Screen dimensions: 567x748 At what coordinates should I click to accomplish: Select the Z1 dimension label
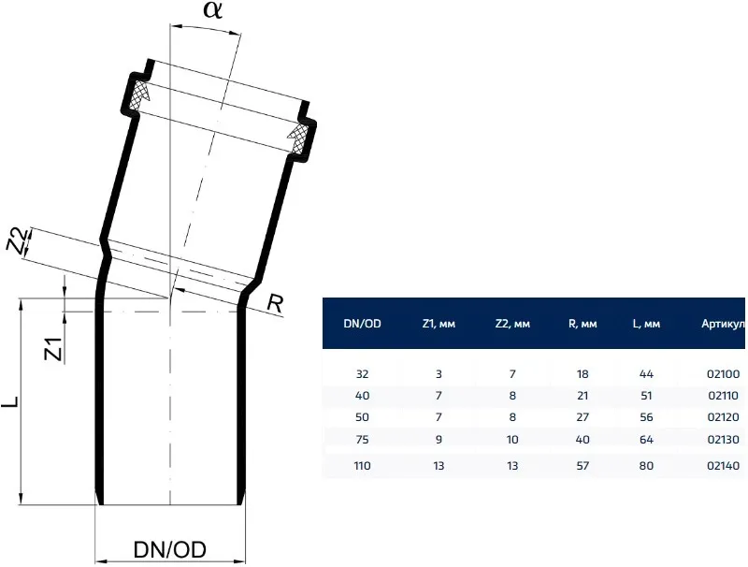53,348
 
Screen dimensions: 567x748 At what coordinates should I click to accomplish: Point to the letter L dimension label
10,404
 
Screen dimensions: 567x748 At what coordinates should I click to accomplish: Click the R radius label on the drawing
275,303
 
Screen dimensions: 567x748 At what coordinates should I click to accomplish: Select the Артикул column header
722,324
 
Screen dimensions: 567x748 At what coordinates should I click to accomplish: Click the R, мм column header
582,324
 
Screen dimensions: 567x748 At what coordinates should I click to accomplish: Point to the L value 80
646,465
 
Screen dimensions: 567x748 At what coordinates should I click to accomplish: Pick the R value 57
582,465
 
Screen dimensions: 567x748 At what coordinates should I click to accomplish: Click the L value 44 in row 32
646,374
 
